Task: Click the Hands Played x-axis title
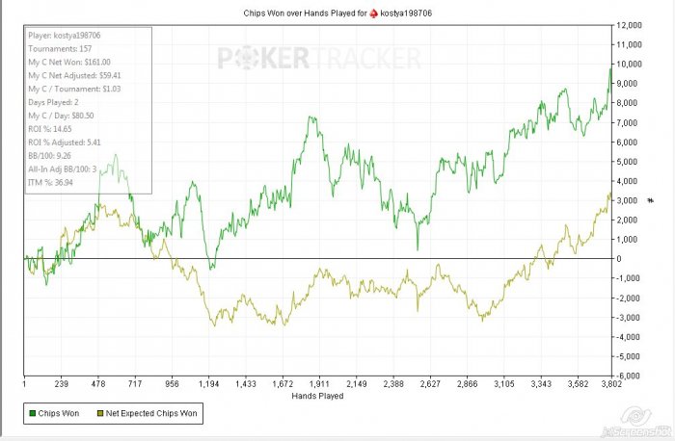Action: coord(317,396)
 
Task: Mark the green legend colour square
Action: coord(32,415)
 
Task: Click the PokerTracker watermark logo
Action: coord(318,59)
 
